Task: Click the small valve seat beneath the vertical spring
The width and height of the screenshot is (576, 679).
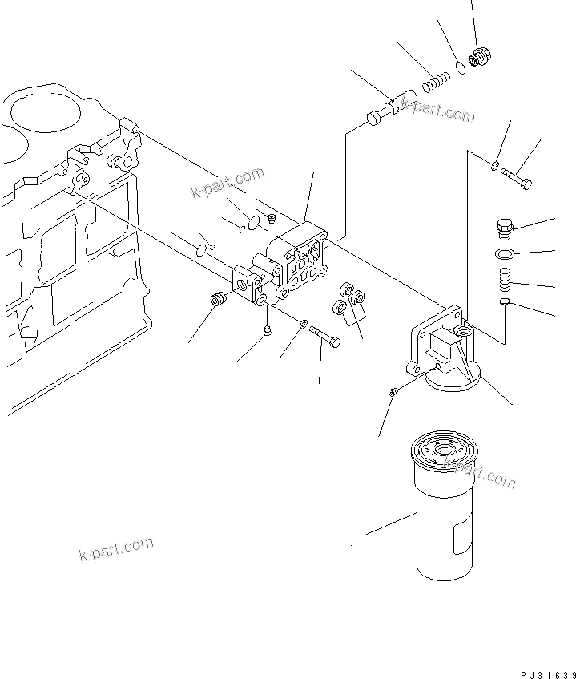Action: pos(504,302)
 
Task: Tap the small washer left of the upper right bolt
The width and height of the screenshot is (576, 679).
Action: pos(496,166)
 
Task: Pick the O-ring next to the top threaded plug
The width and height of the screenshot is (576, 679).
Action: pos(461,68)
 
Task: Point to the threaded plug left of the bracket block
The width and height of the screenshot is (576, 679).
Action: pos(216,301)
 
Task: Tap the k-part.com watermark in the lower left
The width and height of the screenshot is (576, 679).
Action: pos(116,550)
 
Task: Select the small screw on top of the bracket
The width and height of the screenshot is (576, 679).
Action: pos(272,217)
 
